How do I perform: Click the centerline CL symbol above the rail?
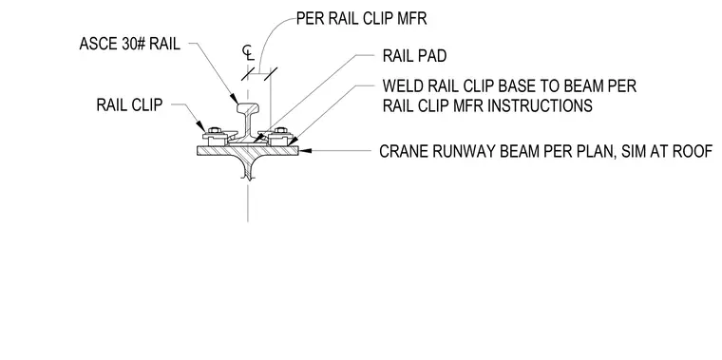coord(248,53)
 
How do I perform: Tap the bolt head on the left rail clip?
coord(214,131)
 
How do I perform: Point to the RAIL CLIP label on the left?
coord(129,105)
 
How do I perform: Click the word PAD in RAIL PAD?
coord(433,56)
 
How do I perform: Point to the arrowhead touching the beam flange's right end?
coord(305,150)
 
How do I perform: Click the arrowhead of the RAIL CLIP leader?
coord(201,126)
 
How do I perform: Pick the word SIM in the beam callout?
coord(632,151)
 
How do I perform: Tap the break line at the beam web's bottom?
coord(249,176)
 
